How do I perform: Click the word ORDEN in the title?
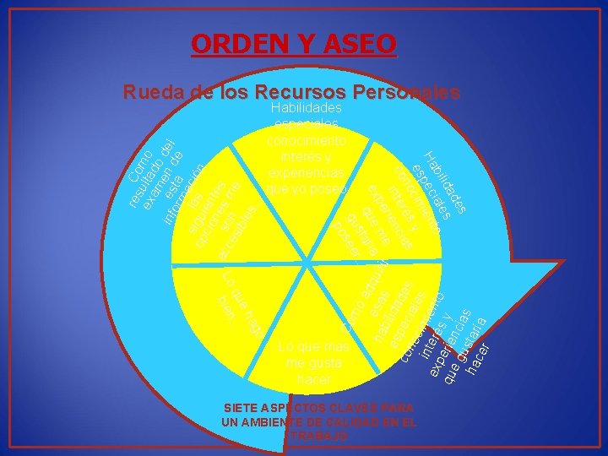238,42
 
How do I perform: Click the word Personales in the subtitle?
406,92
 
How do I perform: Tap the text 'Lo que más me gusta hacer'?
313,363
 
